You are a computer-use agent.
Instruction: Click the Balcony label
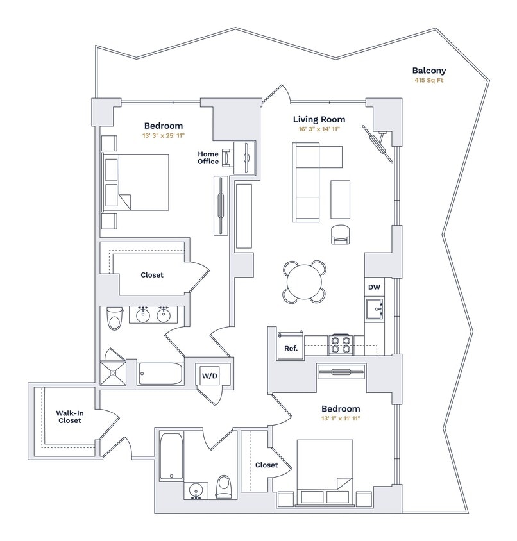click(x=429, y=71)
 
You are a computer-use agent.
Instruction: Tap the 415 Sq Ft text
click(x=429, y=81)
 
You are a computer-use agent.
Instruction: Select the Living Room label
click(x=319, y=119)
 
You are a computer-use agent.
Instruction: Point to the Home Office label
click(x=208, y=158)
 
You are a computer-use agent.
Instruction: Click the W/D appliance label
click(x=210, y=375)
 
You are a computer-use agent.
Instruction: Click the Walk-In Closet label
click(x=69, y=417)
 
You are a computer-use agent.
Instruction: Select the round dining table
click(x=303, y=281)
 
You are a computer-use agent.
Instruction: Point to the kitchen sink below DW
click(x=375, y=310)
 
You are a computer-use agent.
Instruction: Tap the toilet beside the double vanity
click(x=115, y=318)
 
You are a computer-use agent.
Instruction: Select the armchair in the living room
click(x=341, y=235)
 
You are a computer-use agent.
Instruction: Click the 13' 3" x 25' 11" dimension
click(x=163, y=137)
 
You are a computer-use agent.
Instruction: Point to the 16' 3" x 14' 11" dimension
click(x=319, y=129)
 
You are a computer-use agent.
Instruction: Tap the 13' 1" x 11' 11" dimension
click(x=341, y=419)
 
